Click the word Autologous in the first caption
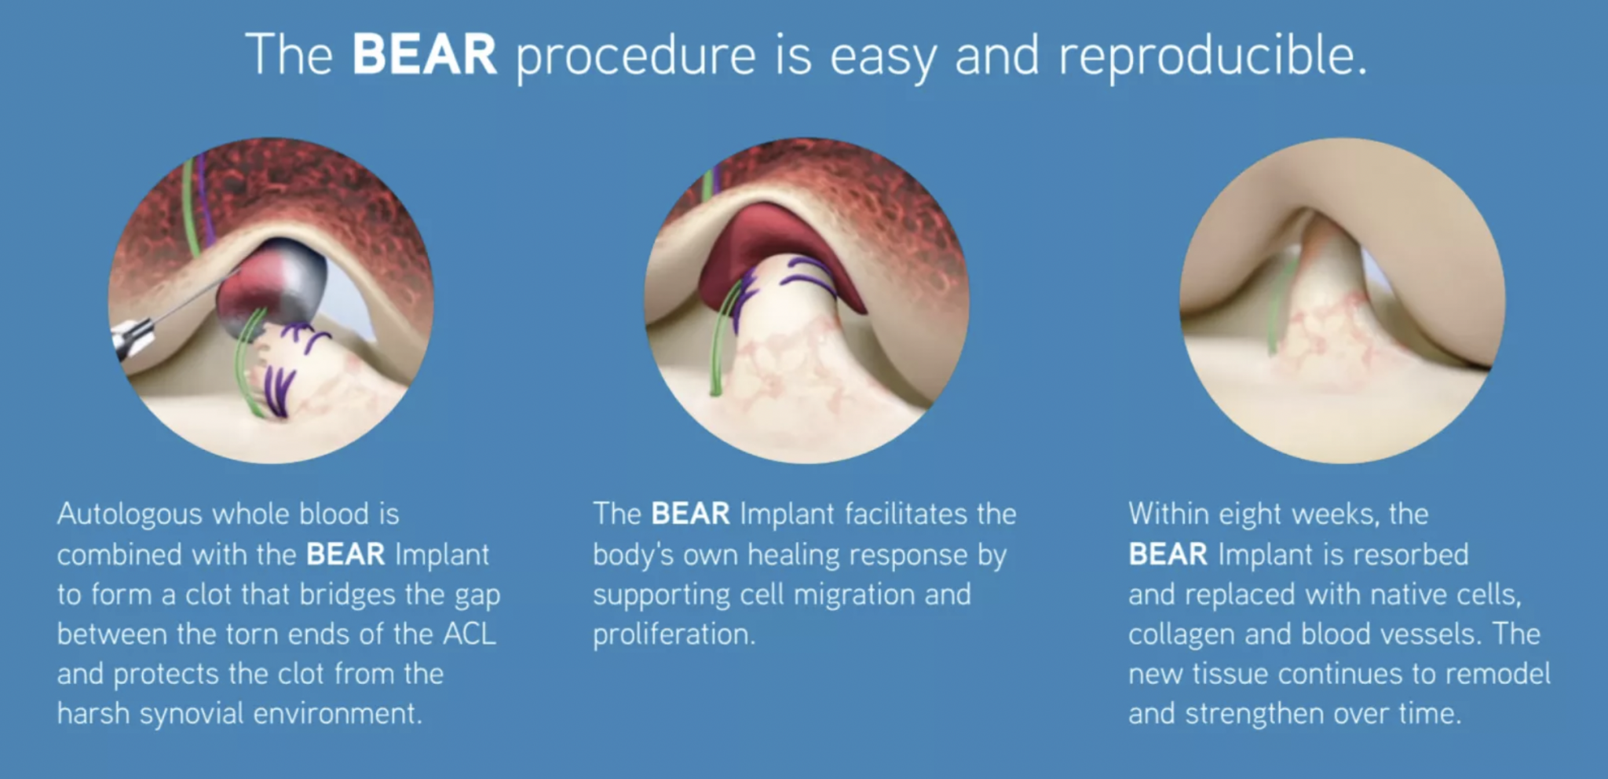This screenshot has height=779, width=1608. point(130,515)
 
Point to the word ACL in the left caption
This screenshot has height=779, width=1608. point(470,633)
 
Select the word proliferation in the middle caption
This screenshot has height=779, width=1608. point(674,635)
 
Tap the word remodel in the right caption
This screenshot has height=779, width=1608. point(1497,674)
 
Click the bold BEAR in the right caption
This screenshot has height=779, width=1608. point(1168,554)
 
